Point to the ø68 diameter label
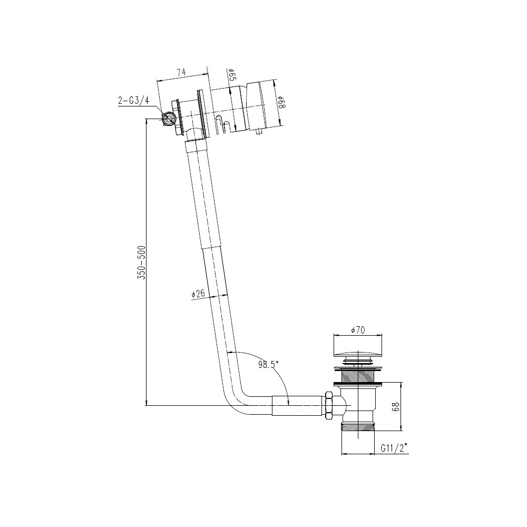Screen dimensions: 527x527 (281, 102)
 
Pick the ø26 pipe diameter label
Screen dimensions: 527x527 (197, 294)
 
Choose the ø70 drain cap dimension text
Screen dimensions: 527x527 (358, 330)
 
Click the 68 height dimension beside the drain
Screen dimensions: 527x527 (396, 406)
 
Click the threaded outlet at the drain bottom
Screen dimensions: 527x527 (358, 426)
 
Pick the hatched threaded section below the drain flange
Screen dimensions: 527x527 (358, 376)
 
